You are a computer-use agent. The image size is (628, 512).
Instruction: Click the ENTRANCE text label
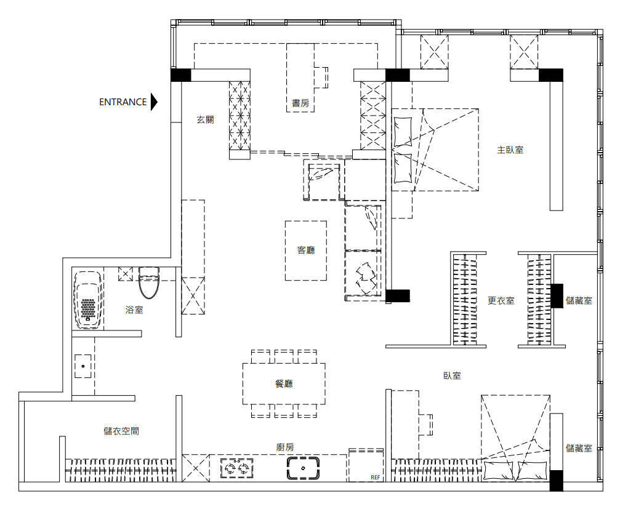point(123,102)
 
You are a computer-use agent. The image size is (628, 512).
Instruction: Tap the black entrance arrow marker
point(154,102)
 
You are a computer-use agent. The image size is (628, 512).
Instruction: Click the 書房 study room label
point(300,103)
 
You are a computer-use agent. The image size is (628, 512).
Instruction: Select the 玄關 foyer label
point(205,119)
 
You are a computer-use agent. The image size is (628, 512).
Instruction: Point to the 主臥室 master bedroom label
point(510,150)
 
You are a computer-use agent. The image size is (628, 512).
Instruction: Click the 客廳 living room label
point(306,250)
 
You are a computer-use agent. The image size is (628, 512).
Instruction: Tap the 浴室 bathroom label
point(134,310)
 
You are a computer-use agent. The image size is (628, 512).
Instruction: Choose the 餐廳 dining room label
point(284,383)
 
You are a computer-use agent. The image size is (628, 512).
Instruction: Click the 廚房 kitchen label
point(285,447)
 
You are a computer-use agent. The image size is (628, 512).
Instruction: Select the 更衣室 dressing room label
point(501,300)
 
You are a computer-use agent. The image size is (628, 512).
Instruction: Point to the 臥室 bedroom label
point(452,375)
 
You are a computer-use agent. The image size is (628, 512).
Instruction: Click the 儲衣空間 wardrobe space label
point(121,431)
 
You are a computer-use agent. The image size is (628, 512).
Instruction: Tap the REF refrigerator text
point(376,477)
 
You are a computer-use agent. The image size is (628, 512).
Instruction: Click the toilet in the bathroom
point(149,282)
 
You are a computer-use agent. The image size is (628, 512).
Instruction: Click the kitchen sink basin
point(303,468)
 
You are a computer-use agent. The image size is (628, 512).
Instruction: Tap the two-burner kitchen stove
point(237,468)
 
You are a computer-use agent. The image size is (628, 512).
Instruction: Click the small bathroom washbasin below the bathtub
point(83,366)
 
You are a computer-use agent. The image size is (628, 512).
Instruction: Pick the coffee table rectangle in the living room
point(306,250)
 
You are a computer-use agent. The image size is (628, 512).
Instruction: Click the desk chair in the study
point(321,78)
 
